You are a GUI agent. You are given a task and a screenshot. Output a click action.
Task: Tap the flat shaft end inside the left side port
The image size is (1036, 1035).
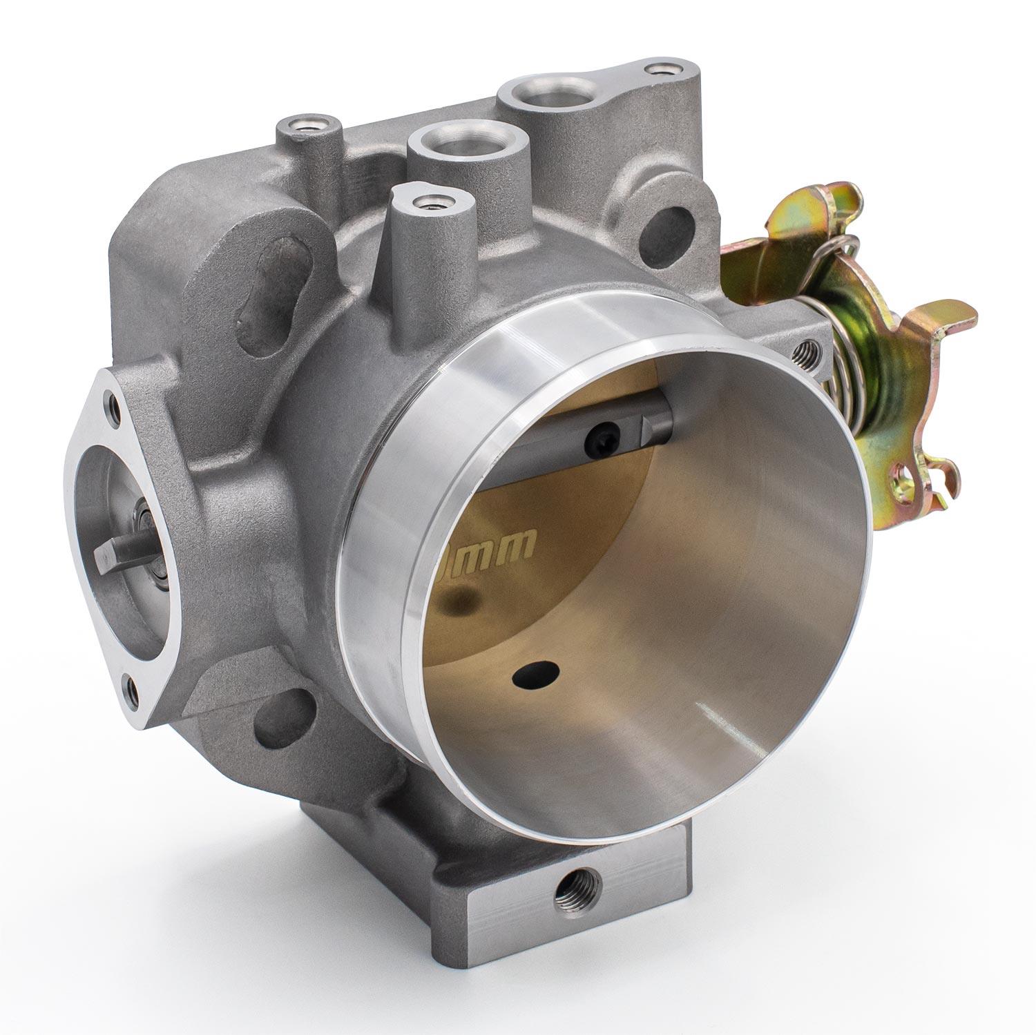click(113, 550)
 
